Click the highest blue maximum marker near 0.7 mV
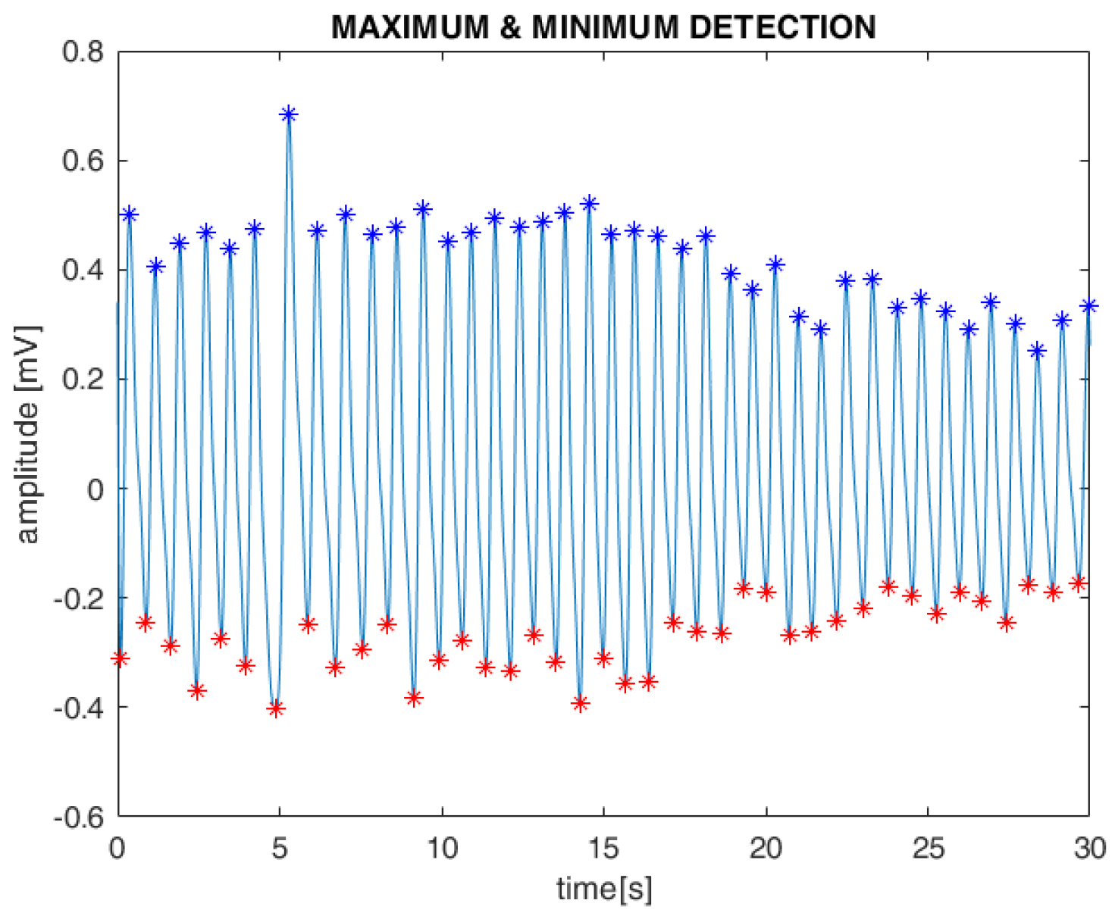tap(288, 114)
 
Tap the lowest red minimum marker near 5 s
tap(276, 709)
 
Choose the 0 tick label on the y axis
tap(96, 489)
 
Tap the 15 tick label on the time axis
tap(603, 848)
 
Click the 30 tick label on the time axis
tap(1089, 848)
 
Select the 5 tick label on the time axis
tap(280, 848)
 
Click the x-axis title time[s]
tap(603, 888)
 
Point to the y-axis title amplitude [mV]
tap(28, 434)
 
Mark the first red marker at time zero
tap(120, 658)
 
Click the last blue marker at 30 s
tap(1088, 306)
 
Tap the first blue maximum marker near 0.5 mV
tap(130, 214)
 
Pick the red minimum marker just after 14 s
tap(581, 704)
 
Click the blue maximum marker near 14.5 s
tap(589, 204)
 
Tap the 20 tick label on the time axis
tap(766, 848)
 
